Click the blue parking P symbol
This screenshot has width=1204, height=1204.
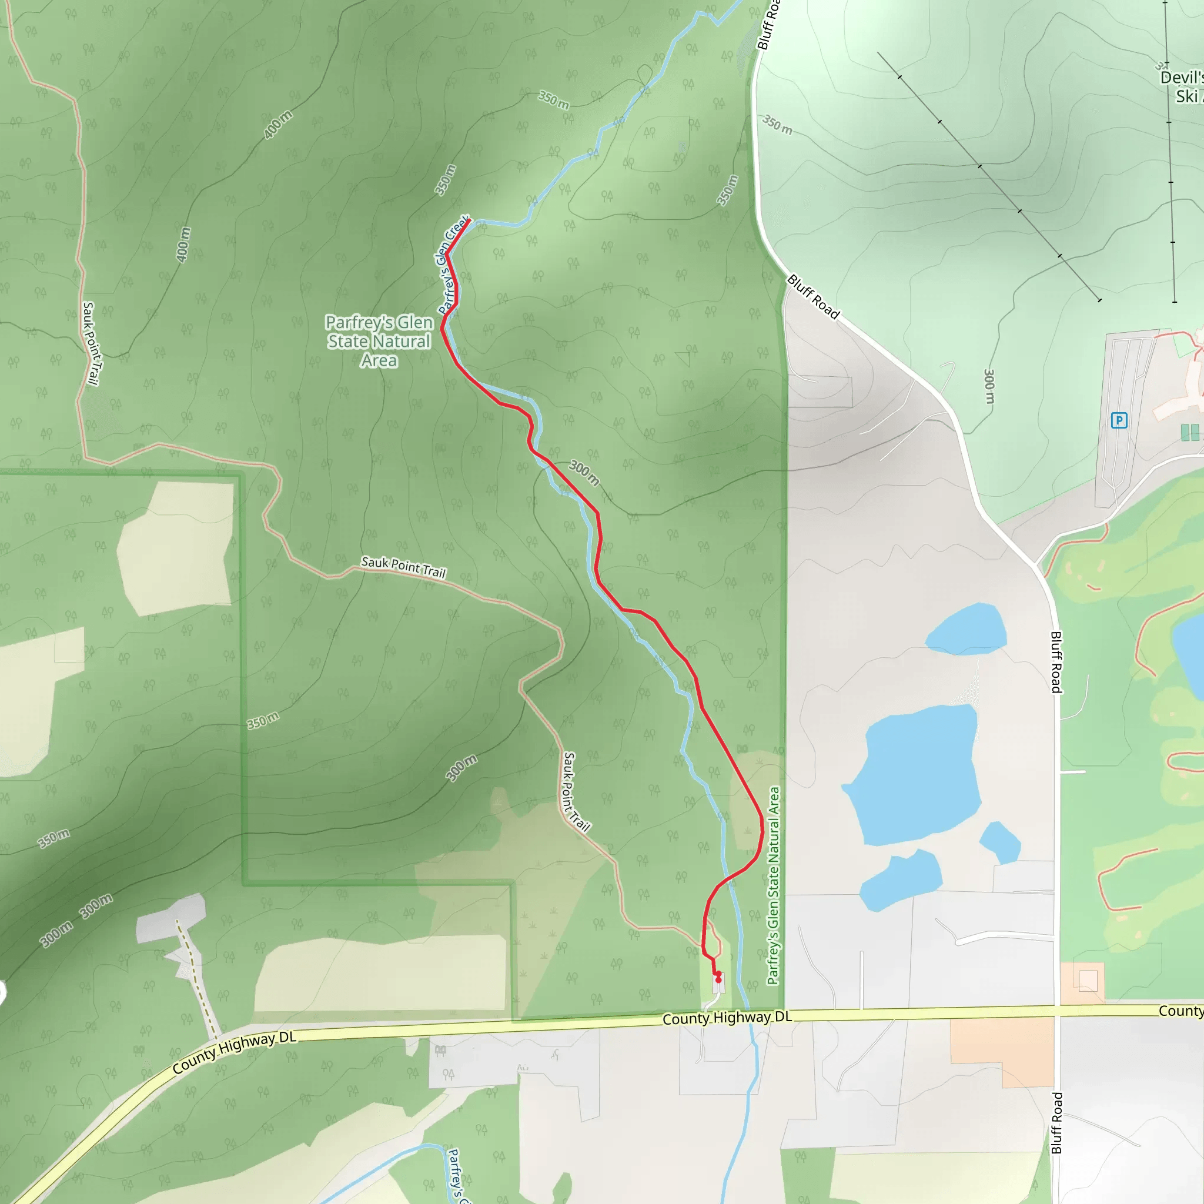[1119, 421]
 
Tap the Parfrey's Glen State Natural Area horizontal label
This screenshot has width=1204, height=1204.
[379, 341]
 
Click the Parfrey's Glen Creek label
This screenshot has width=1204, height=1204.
[453, 266]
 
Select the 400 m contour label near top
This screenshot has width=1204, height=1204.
[277, 125]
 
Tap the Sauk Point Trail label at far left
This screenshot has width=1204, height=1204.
[91, 343]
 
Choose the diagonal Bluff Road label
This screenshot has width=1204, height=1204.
[813, 297]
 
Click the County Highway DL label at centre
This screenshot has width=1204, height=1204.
[727, 1018]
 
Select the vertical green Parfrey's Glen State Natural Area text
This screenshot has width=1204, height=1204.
[774, 885]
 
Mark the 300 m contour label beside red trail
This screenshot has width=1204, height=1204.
[584, 473]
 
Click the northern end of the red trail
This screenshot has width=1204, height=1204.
[467, 220]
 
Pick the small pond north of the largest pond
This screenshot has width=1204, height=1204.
[965, 629]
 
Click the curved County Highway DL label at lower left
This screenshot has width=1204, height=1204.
[235, 1052]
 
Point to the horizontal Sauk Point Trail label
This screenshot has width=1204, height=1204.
[404, 567]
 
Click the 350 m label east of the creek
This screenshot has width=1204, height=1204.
[727, 190]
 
